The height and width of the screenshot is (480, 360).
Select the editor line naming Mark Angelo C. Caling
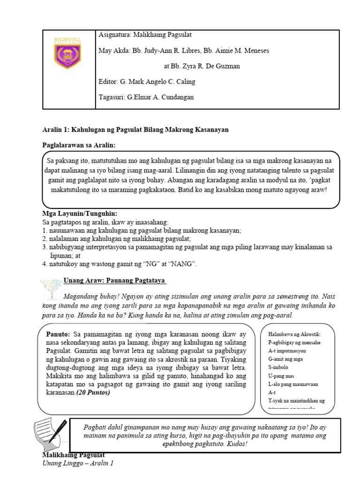(x=147, y=82)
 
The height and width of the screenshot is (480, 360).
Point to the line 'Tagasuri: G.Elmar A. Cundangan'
(x=146, y=97)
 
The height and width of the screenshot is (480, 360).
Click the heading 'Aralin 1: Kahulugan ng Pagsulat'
(x=135, y=129)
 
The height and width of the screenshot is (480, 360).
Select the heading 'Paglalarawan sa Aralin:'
(x=79, y=145)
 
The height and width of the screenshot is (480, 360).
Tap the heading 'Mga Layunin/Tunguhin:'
(x=80, y=214)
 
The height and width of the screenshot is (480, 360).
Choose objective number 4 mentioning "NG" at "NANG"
(x=120, y=264)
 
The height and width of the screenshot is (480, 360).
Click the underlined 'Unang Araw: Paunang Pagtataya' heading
(x=115, y=280)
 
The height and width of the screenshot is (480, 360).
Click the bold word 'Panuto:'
(x=58, y=334)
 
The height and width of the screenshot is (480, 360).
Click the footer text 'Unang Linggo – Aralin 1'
(x=78, y=464)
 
